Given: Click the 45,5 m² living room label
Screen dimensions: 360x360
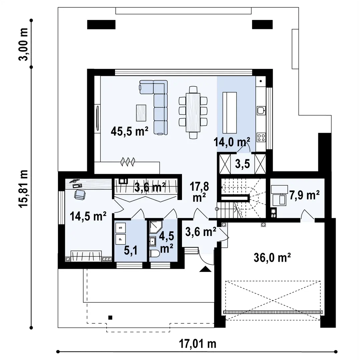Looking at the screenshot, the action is coord(129,132).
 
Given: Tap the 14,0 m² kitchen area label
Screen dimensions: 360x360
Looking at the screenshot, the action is coord(232,142).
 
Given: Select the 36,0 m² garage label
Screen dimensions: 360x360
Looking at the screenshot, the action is coord(272,258).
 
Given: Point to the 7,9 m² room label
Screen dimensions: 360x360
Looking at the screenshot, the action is coord(304,195).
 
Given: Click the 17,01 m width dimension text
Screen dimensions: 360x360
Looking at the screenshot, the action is coord(198,344).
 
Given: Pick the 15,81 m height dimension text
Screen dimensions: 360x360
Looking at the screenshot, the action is coord(23,189).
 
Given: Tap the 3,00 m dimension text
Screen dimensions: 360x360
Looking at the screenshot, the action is coord(23,44).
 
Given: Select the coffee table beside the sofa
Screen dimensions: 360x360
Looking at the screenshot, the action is coord(141,113).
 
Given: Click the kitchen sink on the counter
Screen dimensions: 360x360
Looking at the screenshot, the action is coord(261,110).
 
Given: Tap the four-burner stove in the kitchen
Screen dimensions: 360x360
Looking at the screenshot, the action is coord(261,138).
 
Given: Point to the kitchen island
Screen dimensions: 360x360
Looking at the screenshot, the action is coord(230,113).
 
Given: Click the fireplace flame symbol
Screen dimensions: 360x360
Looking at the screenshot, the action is coord(128,162).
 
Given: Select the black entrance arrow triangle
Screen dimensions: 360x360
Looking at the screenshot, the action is coord(205,269).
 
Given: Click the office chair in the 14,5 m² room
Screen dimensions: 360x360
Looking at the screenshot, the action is coord(80,195).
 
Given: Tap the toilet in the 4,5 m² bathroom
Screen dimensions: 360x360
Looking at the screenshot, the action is coord(154,254).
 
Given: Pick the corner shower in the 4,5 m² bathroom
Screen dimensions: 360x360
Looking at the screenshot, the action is coord(156,227).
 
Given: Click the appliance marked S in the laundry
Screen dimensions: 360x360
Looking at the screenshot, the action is coord(121,228).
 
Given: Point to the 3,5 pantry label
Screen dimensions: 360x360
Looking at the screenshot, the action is coord(242,164).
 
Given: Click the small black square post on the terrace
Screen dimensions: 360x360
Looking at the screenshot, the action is coord(110,318).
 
